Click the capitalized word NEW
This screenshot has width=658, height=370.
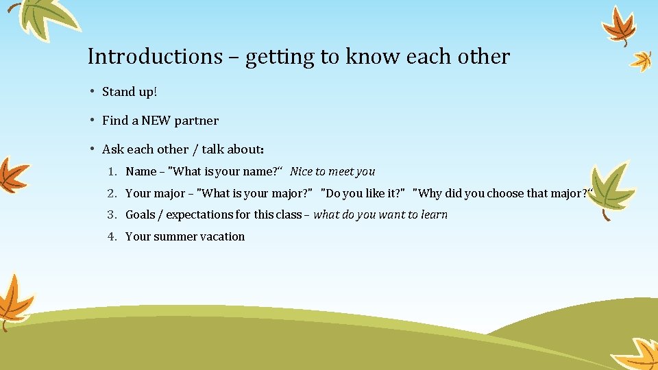point(156,121)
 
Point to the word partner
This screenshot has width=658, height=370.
point(197,121)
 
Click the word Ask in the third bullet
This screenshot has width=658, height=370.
point(113,149)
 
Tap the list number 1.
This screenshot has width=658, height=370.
point(112,171)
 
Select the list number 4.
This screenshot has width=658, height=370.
point(112,236)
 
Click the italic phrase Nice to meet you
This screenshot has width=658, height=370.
point(332,171)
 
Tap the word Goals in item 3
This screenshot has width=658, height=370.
point(140,214)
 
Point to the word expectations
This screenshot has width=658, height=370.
point(199,214)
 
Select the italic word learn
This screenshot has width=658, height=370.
point(433,214)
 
